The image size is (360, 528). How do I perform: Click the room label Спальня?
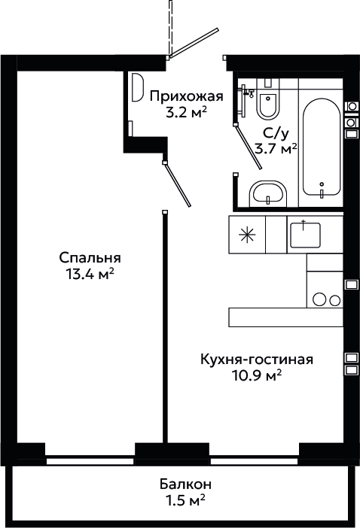pyautogui.click(x=90, y=258)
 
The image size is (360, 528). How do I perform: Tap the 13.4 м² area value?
pyautogui.click(x=90, y=274)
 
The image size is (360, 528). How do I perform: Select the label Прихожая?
pyautogui.click(x=187, y=96)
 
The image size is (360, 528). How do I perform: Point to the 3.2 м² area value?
pyautogui.click(x=186, y=113)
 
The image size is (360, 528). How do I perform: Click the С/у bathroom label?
pyautogui.click(x=276, y=134)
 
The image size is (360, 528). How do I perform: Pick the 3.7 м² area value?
pyautogui.click(x=276, y=148)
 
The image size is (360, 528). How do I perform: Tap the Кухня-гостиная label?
pyautogui.click(x=257, y=360)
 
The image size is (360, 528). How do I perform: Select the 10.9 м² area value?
pyautogui.click(x=257, y=375)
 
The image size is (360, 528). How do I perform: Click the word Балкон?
pyautogui.click(x=186, y=484)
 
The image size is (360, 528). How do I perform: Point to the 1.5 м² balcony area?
pyautogui.click(x=186, y=499)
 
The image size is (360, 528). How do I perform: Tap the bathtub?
pyautogui.click(x=322, y=147)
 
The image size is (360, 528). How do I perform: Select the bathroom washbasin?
pyautogui.click(x=268, y=193)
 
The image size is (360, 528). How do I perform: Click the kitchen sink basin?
pyautogui.click(x=305, y=235)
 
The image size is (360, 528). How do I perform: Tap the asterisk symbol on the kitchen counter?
pyautogui.click(x=247, y=235)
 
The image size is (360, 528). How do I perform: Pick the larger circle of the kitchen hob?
pyautogui.click(x=319, y=299)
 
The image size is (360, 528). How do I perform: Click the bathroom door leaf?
pyautogui.click(x=249, y=147)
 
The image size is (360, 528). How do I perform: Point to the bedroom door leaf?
pyautogui.click(x=178, y=184)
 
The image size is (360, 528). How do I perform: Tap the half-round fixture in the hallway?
pyautogui.click(x=137, y=87)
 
